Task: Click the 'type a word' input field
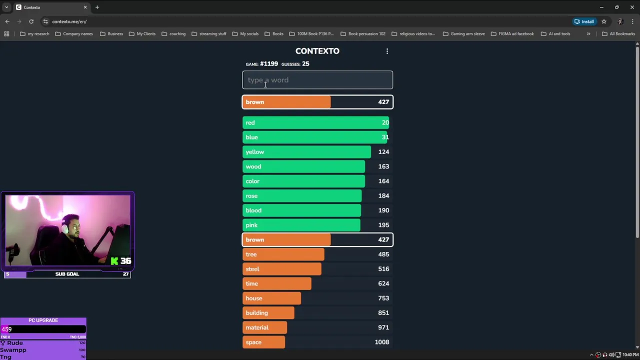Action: coord(317,80)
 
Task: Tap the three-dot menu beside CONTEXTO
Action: coord(387,51)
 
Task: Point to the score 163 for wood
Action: coord(383,166)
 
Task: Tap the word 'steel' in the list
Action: coord(252,269)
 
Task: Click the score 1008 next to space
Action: coord(382,342)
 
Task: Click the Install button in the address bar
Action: coord(584,21)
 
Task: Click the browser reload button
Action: coord(31,21)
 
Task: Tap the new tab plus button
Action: coord(97,7)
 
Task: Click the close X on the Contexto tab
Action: coord(85,7)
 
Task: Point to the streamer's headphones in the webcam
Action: coord(65,227)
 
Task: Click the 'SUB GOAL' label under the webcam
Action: coord(67,274)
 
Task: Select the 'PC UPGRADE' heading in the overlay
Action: coord(43,320)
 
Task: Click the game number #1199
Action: coord(269,64)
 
